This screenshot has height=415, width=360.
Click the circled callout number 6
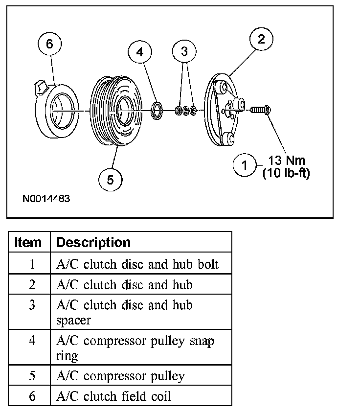[x=49, y=44]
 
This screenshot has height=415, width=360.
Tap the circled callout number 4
[x=141, y=52]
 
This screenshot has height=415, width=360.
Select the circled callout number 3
[x=184, y=51]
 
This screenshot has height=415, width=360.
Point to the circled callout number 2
[x=261, y=40]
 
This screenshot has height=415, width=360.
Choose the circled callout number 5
[x=111, y=180]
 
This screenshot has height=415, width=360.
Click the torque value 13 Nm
[x=286, y=160]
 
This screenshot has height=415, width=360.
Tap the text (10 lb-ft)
[x=286, y=172]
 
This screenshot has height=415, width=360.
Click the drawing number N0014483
[x=46, y=199]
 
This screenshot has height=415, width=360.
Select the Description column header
[x=93, y=242]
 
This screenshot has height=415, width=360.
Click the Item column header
[x=28, y=242]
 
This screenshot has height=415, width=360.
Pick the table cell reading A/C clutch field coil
[x=114, y=396]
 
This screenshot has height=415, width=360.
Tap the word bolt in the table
[x=208, y=264]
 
